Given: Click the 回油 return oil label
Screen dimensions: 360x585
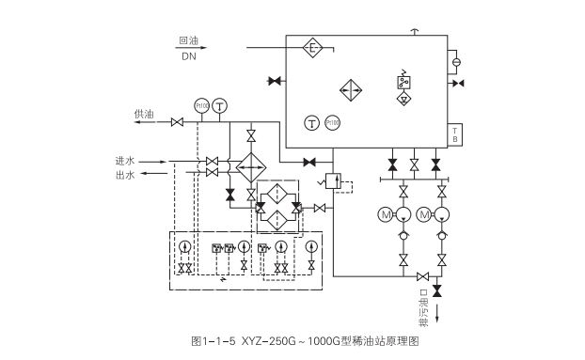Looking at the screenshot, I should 189,40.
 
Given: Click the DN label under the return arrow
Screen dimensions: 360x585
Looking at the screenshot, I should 189,56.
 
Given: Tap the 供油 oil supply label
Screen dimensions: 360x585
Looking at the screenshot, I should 144,114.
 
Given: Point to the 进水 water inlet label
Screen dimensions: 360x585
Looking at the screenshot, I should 125,161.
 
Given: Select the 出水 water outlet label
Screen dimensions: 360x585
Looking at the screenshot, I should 125,175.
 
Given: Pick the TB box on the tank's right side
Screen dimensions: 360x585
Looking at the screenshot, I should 455,134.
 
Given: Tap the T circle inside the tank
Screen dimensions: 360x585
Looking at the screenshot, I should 311,122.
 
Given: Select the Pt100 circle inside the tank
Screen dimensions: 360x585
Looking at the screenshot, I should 332,122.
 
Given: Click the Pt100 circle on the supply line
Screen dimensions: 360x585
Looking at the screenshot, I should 201,105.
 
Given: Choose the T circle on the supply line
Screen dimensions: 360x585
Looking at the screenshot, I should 219,105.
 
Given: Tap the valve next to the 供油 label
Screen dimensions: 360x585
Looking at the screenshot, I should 177,121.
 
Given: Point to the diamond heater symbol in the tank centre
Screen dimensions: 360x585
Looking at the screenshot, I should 351,90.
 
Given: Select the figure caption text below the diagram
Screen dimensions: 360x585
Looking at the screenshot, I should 292,341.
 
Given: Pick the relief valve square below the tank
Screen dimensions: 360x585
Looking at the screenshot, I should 331,179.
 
